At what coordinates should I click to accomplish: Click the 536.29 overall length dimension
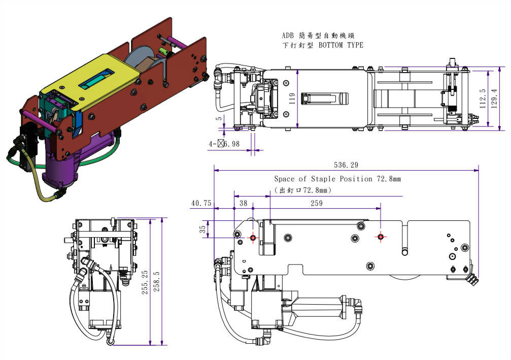point(346,165)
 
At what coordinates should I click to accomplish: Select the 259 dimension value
point(316,203)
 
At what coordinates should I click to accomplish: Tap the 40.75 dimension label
point(201,203)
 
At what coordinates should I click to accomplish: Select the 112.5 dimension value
point(482,99)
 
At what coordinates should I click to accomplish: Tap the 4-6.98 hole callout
point(224,144)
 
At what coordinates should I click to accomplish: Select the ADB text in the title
point(288,36)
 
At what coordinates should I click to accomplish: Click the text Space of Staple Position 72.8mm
point(337,179)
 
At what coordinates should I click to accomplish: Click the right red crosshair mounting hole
point(381,237)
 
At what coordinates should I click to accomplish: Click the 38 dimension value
point(243,203)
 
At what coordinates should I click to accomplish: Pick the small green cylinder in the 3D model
point(164,52)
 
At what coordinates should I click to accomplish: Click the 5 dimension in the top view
point(219,120)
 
